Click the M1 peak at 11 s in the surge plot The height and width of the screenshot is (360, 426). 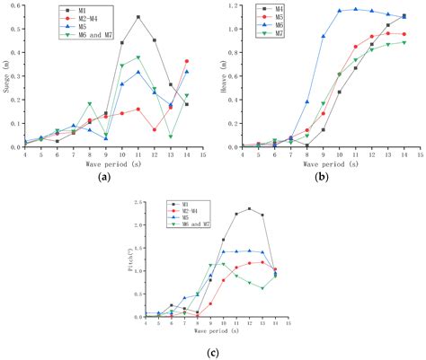pos(138,17)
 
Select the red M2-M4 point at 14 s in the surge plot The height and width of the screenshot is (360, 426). pos(187,61)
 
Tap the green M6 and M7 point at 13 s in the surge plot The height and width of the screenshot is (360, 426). pos(171,136)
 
